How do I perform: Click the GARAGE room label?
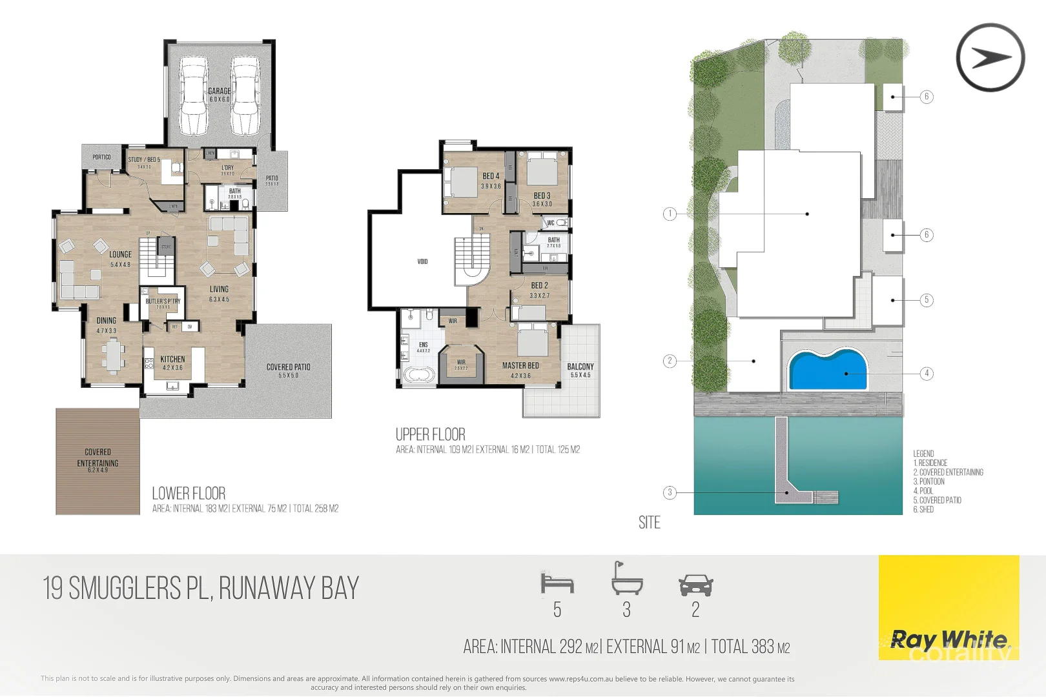(220, 92)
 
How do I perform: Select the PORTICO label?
(101, 157)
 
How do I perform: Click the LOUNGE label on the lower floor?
(120, 255)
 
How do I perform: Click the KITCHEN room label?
(172, 359)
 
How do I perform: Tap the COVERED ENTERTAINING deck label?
(97, 458)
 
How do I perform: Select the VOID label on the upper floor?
(422, 261)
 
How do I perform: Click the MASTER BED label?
(520, 366)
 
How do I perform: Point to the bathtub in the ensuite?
(420, 375)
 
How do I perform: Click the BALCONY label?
(580, 367)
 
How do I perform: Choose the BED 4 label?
(491, 176)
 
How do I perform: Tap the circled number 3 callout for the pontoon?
(670, 492)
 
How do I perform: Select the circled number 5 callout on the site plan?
(927, 300)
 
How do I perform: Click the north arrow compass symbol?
(990, 57)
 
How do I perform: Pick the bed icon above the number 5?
(557, 583)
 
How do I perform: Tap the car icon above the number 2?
(695, 585)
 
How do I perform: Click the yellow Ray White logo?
(949, 607)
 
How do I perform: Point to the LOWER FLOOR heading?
(189, 494)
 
